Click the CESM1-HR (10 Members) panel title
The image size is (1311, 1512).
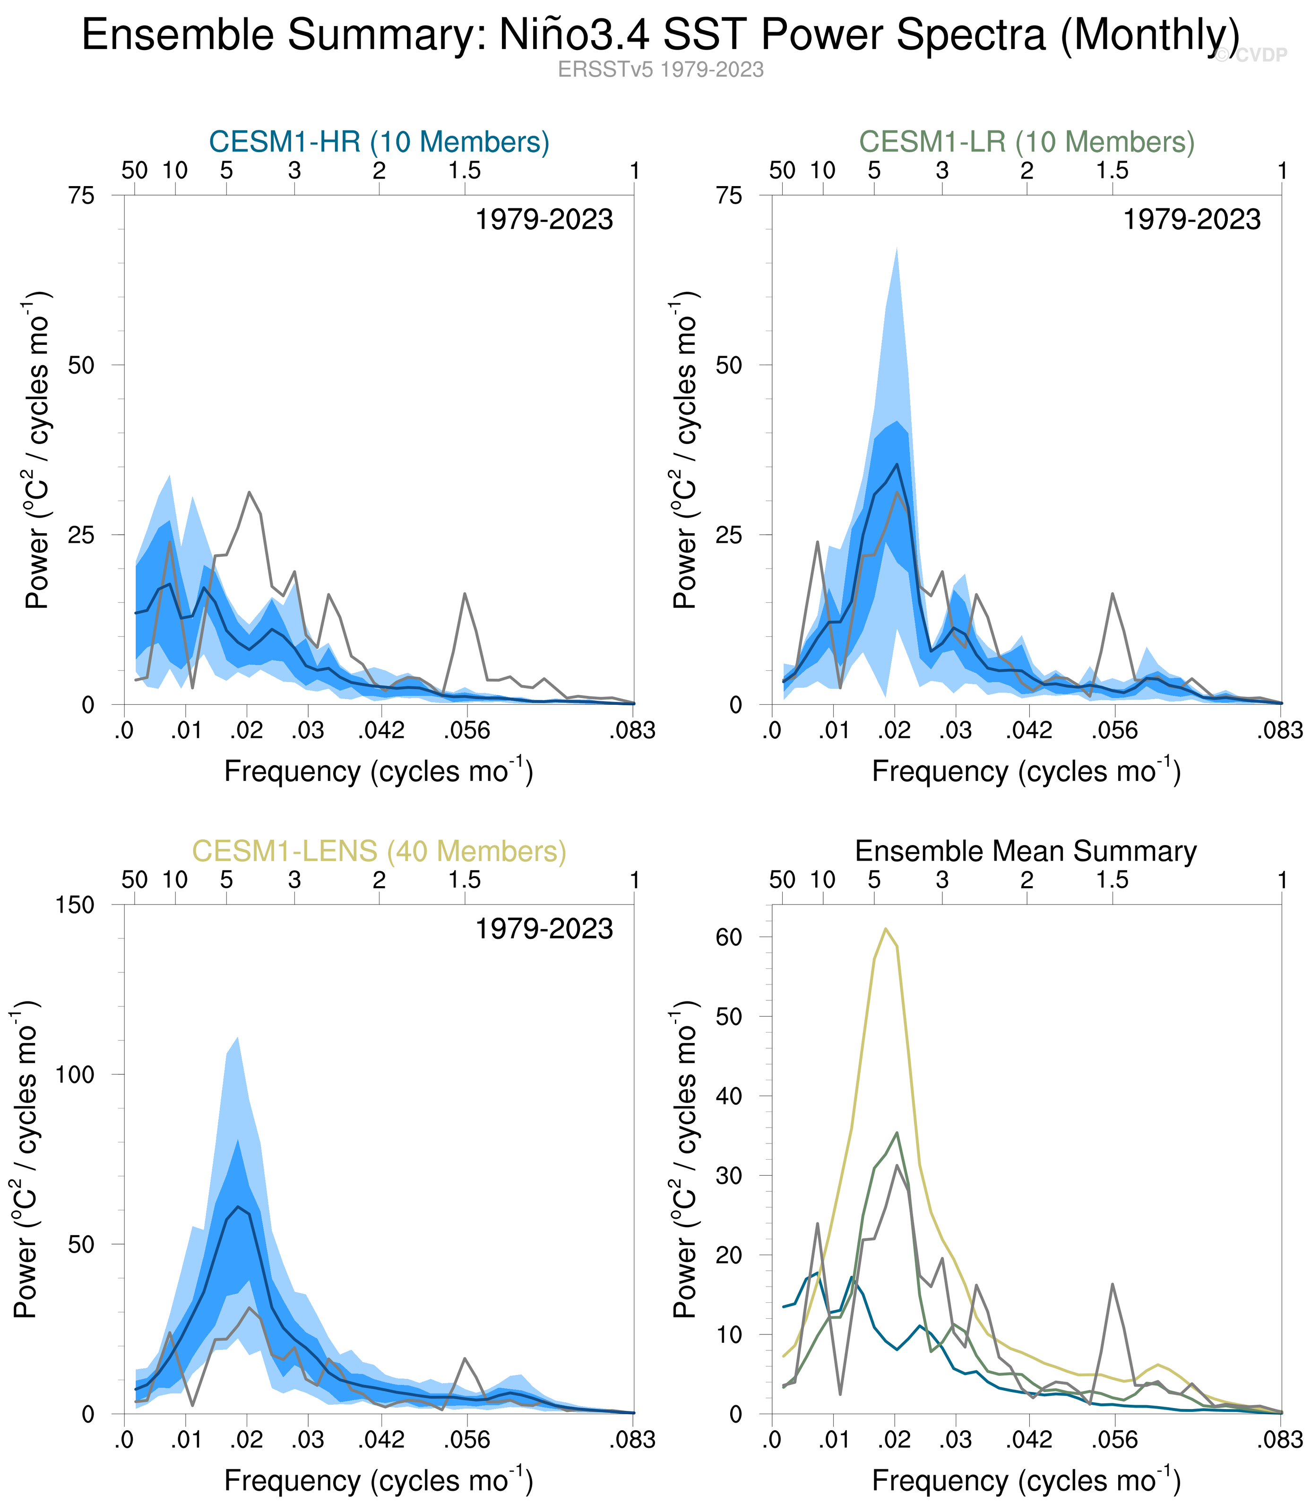click(x=379, y=142)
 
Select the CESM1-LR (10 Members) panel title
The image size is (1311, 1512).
click(x=1026, y=142)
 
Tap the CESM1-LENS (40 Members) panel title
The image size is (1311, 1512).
click(x=379, y=851)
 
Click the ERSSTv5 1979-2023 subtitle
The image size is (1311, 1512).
click(x=661, y=69)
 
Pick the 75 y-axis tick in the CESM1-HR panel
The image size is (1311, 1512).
click(x=82, y=196)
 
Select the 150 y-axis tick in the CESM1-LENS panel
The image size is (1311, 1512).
click(x=75, y=905)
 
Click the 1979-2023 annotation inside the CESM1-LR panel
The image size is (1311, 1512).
click(x=1192, y=220)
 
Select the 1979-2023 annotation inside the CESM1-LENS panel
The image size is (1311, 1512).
click(x=544, y=929)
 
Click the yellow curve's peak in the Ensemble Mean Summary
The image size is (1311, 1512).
click(x=886, y=929)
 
